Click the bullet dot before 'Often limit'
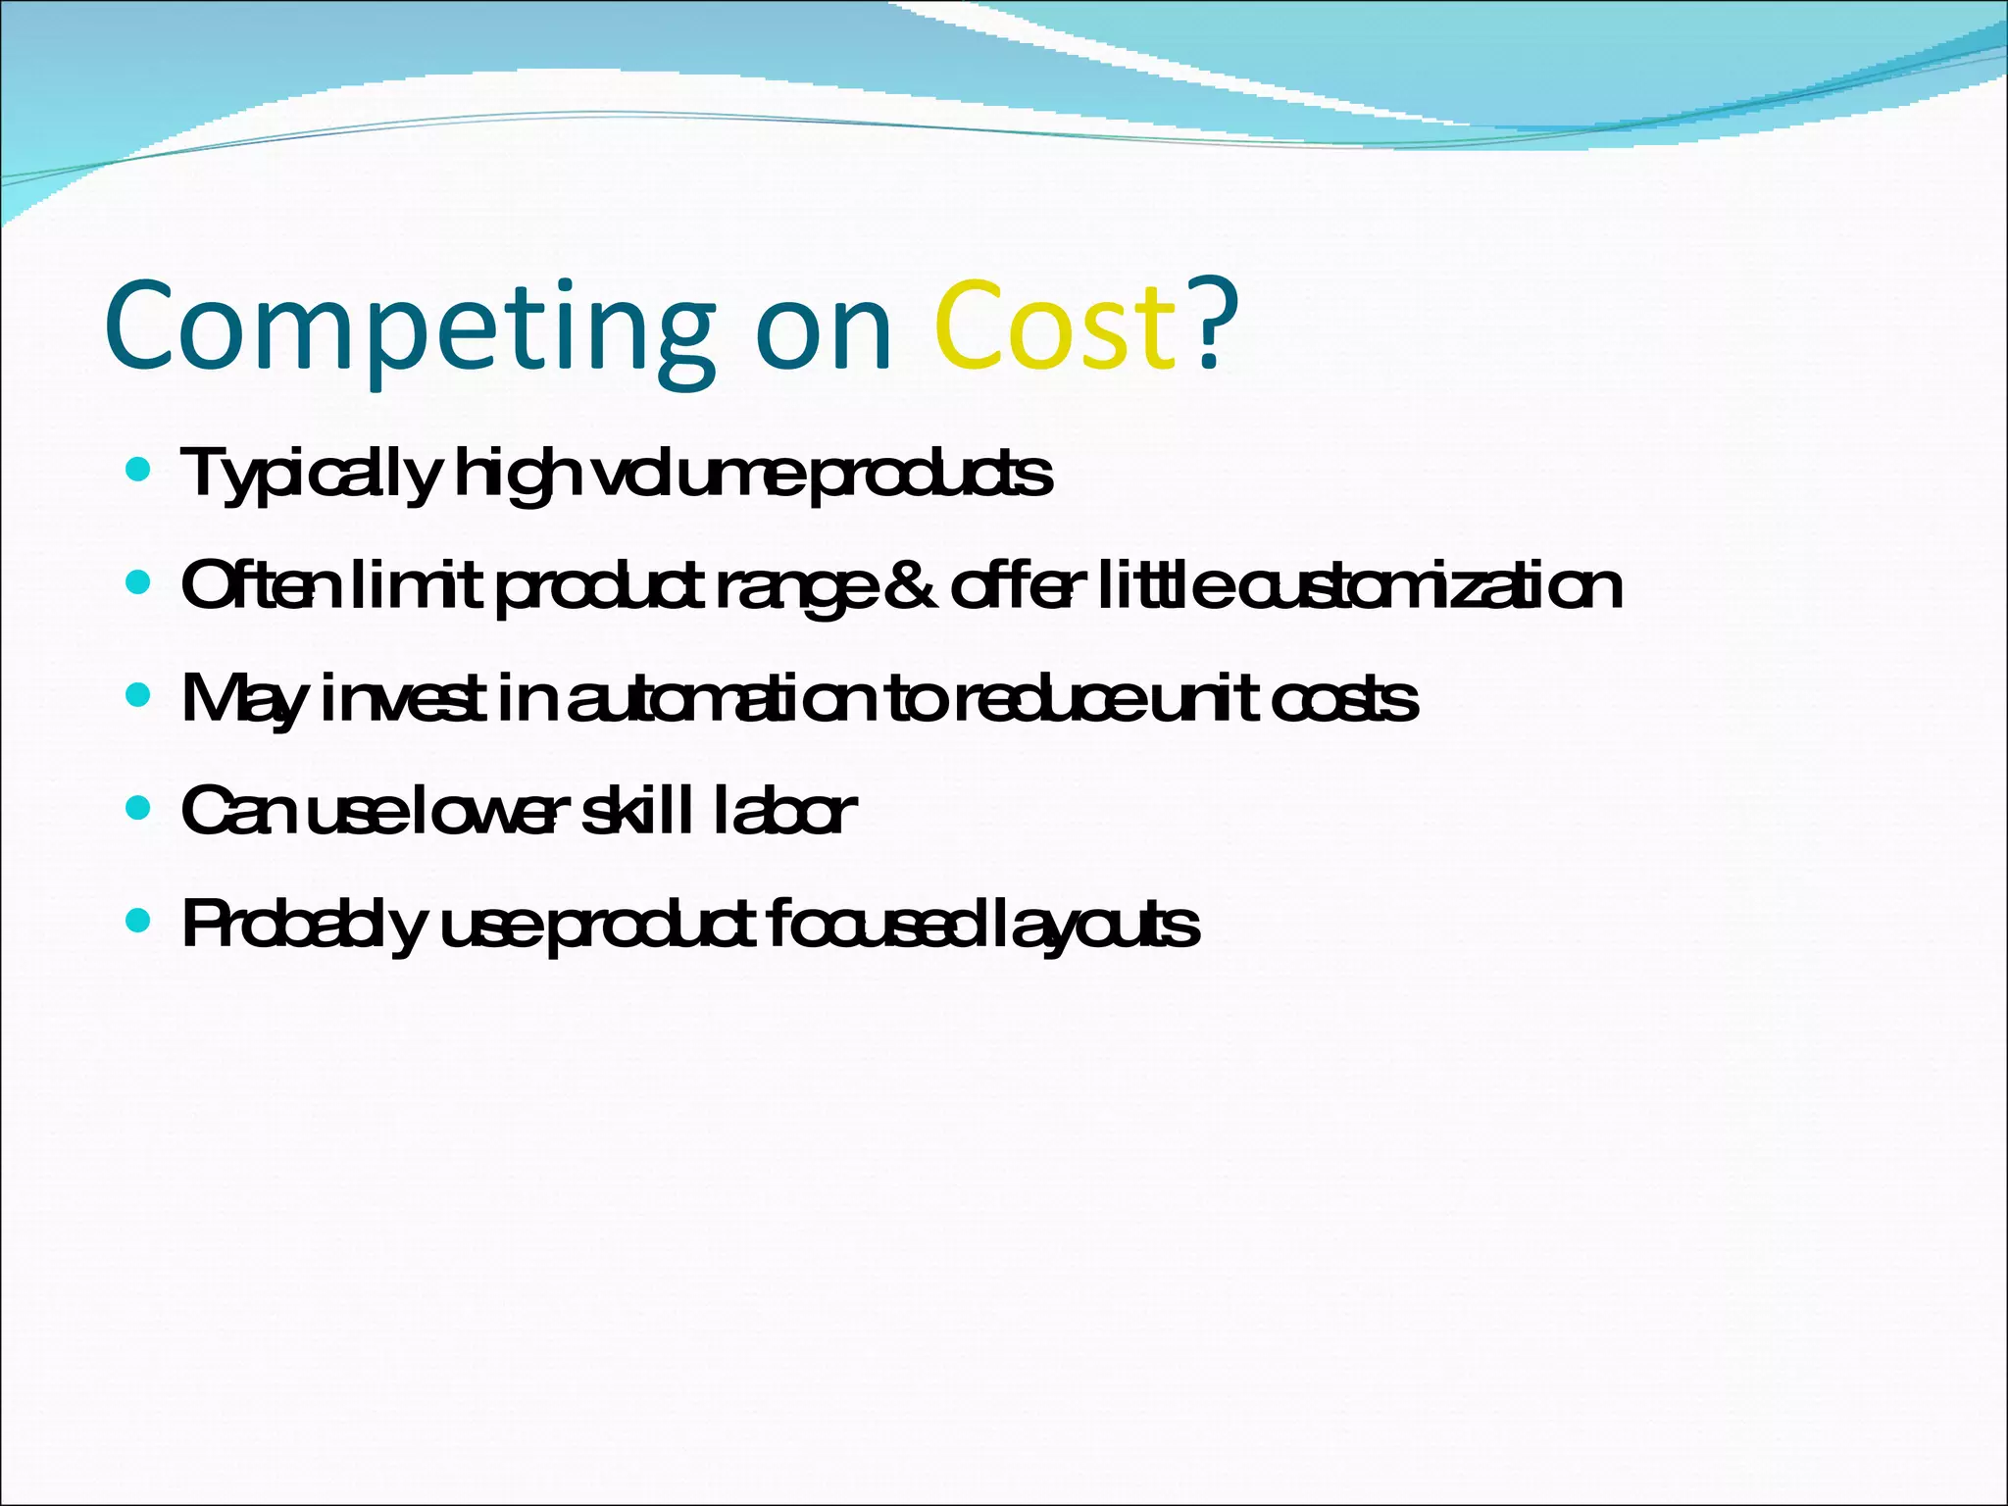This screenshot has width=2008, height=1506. point(139,583)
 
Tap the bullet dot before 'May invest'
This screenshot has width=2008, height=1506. point(139,696)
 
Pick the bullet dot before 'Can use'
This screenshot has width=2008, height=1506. point(139,809)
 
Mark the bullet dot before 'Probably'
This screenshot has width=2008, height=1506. point(139,922)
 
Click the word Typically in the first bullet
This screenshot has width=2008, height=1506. point(311,476)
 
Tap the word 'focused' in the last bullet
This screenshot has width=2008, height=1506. point(869,925)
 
